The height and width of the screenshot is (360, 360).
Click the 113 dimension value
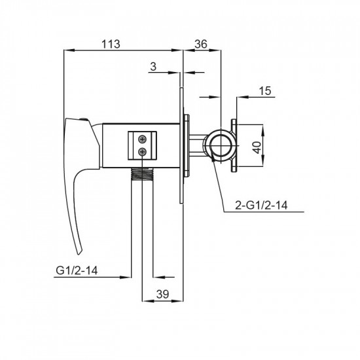coord(111,44)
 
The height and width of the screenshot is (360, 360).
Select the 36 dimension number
coord(201,44)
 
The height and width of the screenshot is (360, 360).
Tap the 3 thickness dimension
coord(153,67)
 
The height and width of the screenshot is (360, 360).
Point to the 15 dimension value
coord(265,91)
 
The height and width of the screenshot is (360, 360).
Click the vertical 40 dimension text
coord(257,147)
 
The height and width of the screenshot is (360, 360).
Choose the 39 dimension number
coord(163,294)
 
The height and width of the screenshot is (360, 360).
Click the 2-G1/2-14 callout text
coord(261,206)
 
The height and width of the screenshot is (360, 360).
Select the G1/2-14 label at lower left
coord(77,270)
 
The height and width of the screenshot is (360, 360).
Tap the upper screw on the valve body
coord(142,139)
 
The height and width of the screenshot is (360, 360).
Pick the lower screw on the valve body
coord(142,151)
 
